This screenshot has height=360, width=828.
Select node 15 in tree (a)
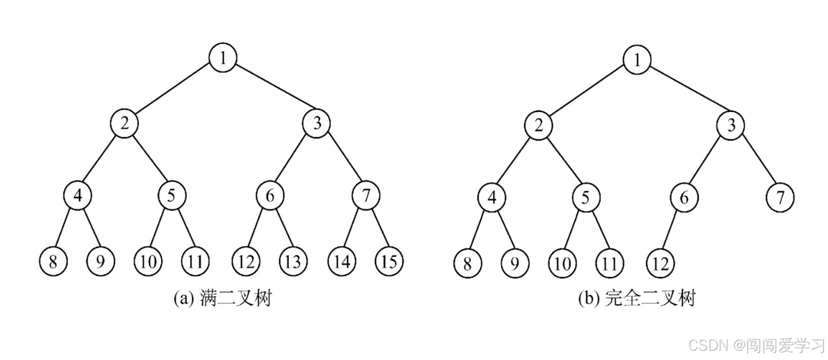389,262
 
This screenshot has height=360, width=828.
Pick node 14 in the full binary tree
342,262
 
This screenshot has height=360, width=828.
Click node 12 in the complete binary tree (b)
659,264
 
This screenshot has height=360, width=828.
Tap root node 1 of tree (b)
636,60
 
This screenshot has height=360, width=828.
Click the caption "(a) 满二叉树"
222,298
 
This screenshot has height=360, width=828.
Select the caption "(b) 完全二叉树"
636,299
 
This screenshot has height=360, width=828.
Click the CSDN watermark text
756,344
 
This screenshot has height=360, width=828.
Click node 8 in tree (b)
466,264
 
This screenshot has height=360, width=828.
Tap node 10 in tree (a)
148,262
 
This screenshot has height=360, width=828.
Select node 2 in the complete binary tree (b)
539,125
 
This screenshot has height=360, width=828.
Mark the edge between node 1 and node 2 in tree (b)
587,93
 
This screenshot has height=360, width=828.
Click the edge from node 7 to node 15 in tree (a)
377,229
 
